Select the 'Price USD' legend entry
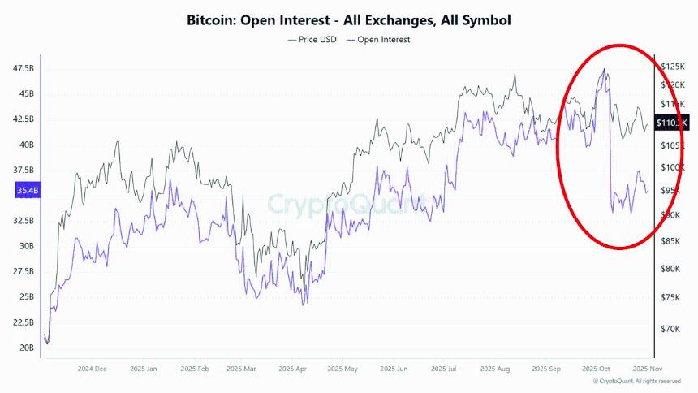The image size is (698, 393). pos(312,39)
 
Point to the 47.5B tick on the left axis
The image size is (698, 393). pos(24,68)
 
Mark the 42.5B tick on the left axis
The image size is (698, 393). pos(24,119)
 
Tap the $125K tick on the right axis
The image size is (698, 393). pos(672,66)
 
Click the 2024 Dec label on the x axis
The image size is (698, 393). pos(93,369)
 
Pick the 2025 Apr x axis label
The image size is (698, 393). pos(292,369)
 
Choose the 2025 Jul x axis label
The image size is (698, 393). pos(444,369)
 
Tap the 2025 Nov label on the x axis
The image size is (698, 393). pos(646,369)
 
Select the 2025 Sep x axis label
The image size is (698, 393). pos(546,369)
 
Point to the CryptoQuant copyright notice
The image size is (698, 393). pos(637,381)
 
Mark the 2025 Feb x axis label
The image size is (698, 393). pos(193,369)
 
